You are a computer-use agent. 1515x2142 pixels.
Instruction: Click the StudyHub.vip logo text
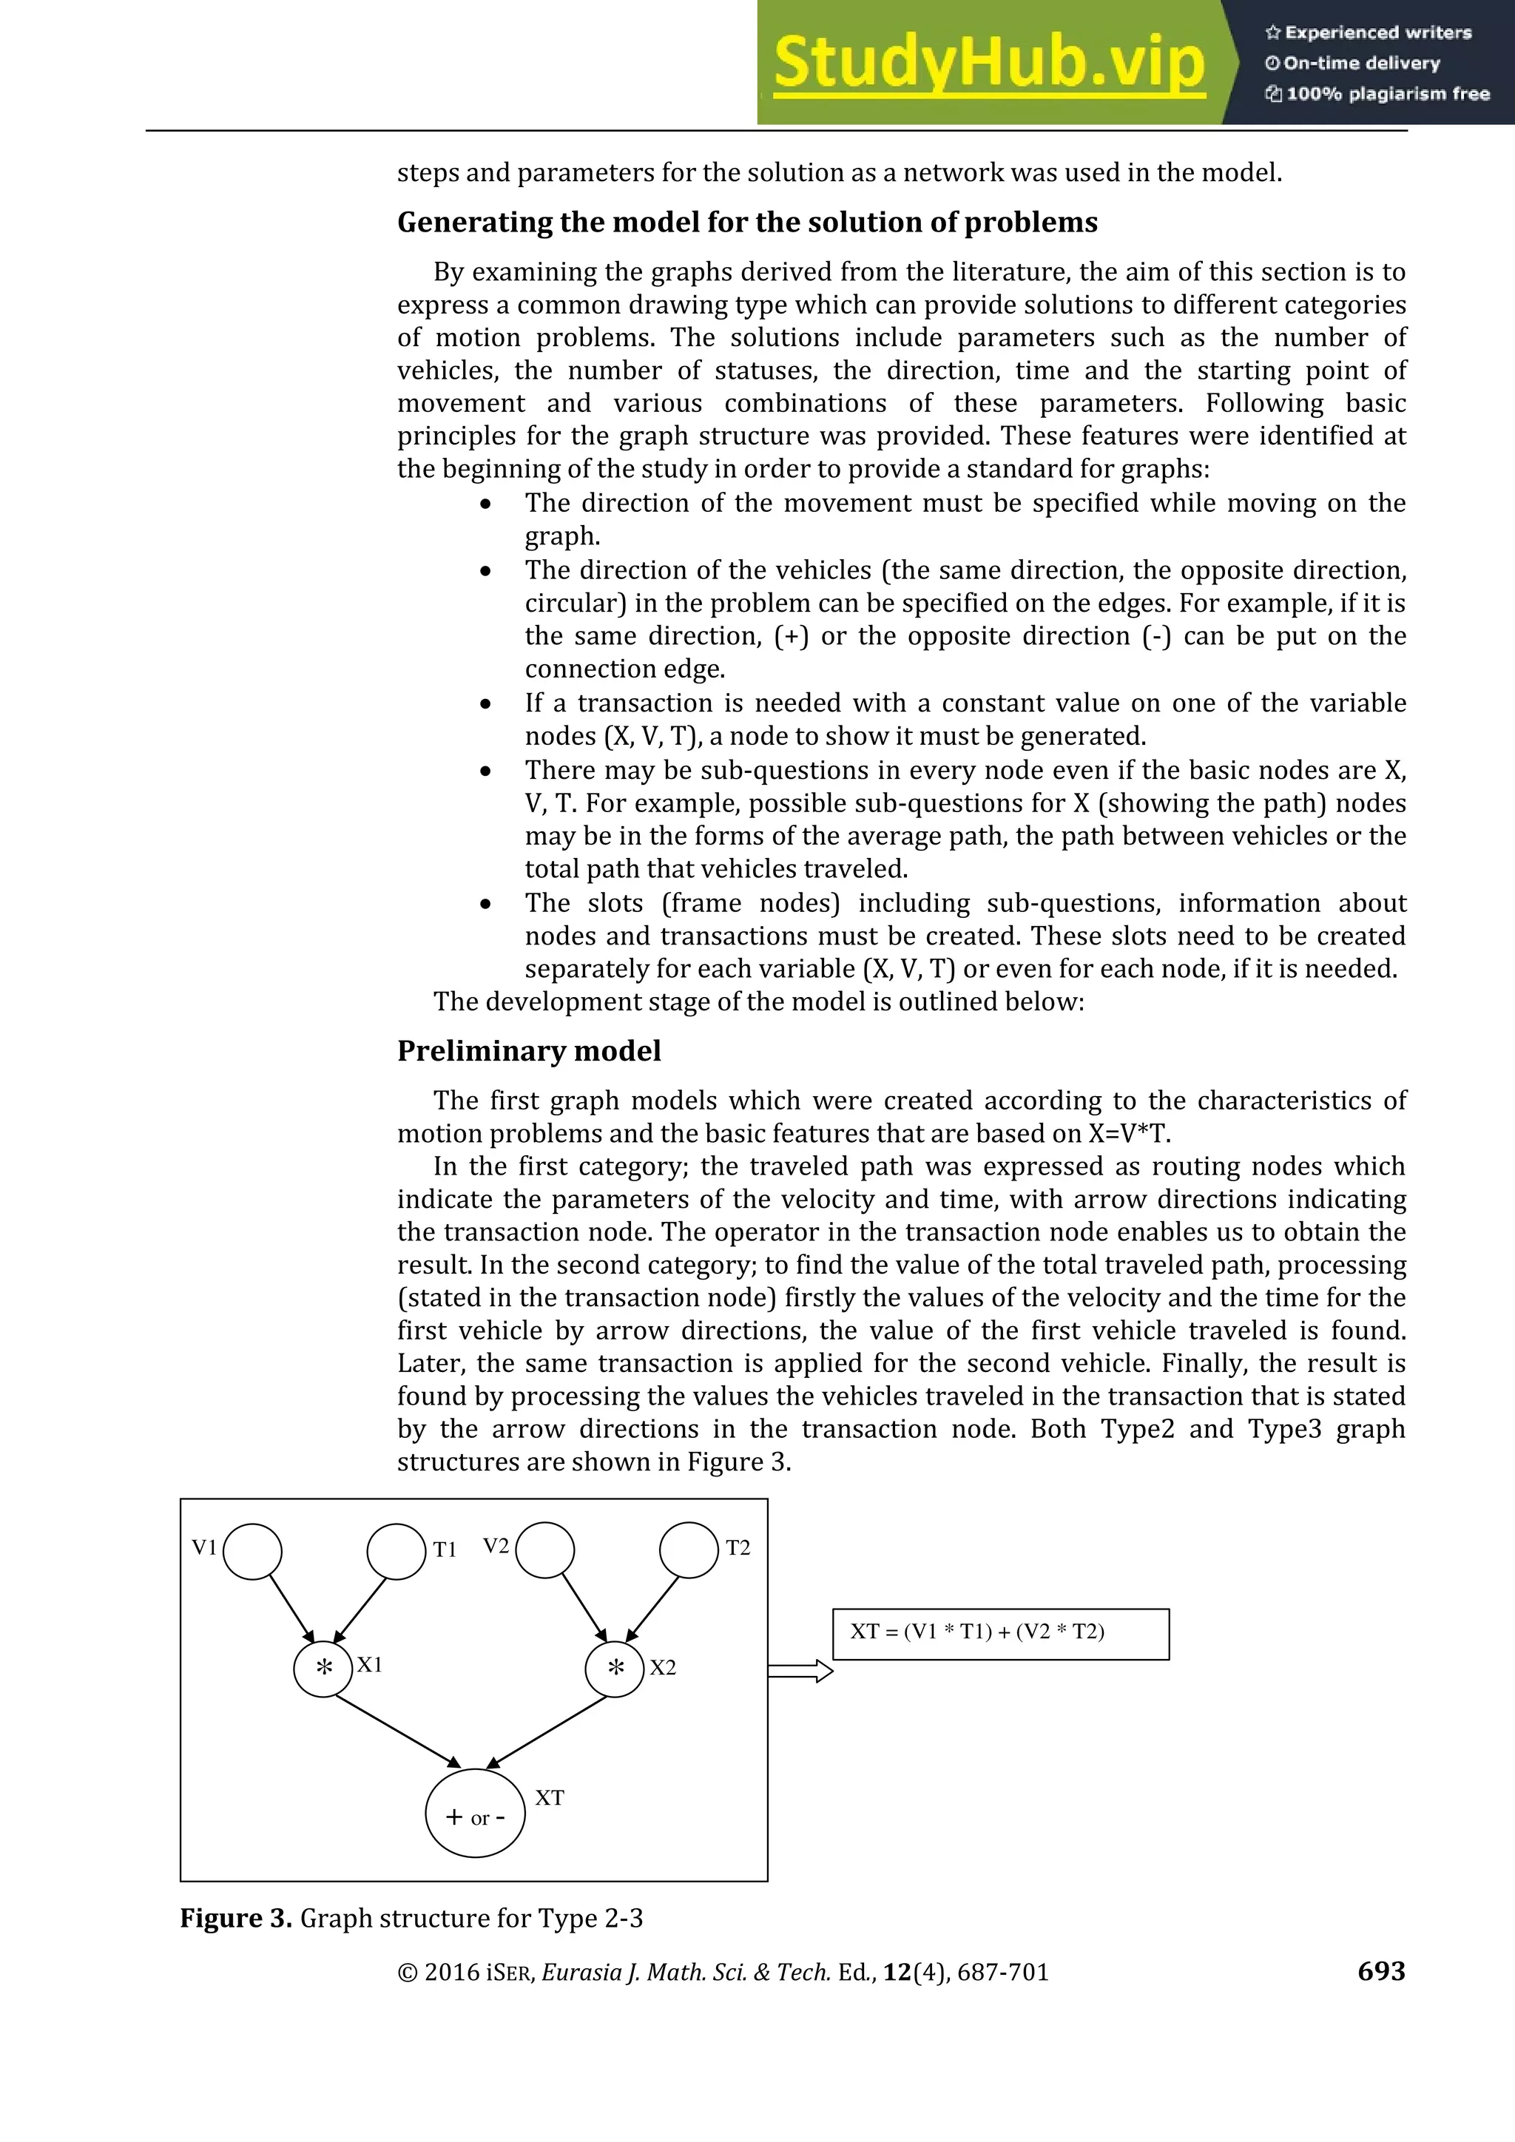[x=989, y=64]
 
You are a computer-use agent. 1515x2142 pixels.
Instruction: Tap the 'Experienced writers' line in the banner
[x=1369, y=33]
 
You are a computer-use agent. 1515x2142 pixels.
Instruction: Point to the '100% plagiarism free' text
[x=1378, y=93]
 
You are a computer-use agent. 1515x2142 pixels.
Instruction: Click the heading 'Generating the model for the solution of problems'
[x=747, y=222]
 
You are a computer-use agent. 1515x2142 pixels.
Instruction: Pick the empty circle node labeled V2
[x=544, y=1550]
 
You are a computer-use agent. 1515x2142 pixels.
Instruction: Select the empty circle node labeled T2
[x=689, y=1550]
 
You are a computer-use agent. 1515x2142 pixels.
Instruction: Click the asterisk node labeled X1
[x=323, y=1668]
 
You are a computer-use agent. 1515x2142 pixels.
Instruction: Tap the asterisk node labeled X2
[x=615, y=1668]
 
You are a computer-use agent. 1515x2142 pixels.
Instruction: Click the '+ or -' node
[x=475, y=1814]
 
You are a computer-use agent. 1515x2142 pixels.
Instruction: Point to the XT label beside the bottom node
[x=550, y=1798]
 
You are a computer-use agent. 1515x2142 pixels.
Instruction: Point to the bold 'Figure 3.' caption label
[x=236, y=1918]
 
